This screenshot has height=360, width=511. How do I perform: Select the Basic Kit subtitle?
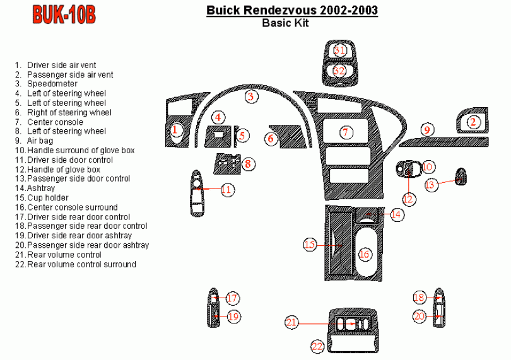291,24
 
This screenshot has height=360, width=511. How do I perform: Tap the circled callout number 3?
250,96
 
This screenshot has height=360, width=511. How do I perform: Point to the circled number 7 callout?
345,132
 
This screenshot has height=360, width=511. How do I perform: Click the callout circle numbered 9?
427,130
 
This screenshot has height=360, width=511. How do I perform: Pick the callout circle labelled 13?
430,184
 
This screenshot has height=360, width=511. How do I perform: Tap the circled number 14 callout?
396,214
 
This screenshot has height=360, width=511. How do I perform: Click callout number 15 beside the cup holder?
309,244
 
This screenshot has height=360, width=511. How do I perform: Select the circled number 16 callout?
364,254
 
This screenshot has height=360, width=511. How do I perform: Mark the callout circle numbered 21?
291,322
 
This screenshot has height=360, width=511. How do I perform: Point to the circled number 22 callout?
317,345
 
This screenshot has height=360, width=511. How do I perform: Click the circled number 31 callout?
340,50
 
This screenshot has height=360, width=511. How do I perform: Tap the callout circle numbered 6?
271,138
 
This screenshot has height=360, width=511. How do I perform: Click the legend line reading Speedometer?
52,84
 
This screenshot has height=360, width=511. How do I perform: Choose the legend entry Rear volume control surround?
81,264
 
